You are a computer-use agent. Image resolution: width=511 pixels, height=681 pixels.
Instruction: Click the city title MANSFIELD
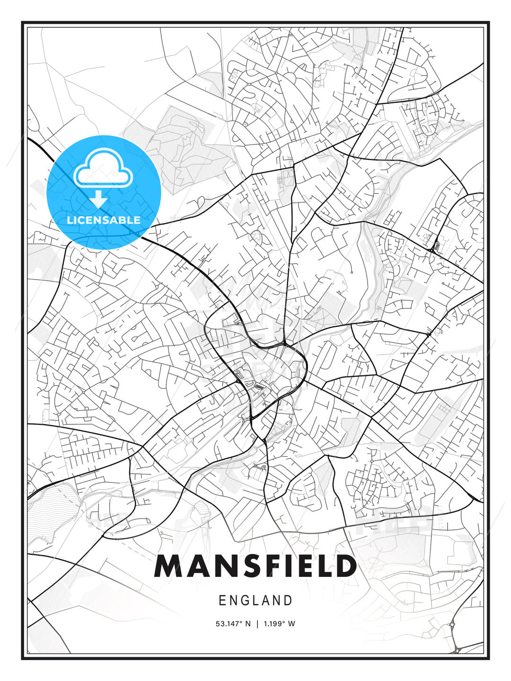click(255, 566)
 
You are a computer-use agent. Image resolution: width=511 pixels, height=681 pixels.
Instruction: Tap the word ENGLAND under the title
click(255, 601)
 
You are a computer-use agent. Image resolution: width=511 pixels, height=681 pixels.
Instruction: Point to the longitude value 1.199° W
click(279, 624)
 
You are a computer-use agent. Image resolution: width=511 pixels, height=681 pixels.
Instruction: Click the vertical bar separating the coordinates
click(257, 624)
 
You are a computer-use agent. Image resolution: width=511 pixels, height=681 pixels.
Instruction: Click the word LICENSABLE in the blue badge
click(104, 220)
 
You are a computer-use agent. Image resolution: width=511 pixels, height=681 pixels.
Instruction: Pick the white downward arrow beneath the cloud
click(98, 200)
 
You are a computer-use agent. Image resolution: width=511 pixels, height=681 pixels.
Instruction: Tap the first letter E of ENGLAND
click(222, 601)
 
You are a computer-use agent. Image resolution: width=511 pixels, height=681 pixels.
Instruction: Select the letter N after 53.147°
click(248, 624)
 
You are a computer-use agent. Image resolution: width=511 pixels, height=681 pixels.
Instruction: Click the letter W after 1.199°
click(291, 624)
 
